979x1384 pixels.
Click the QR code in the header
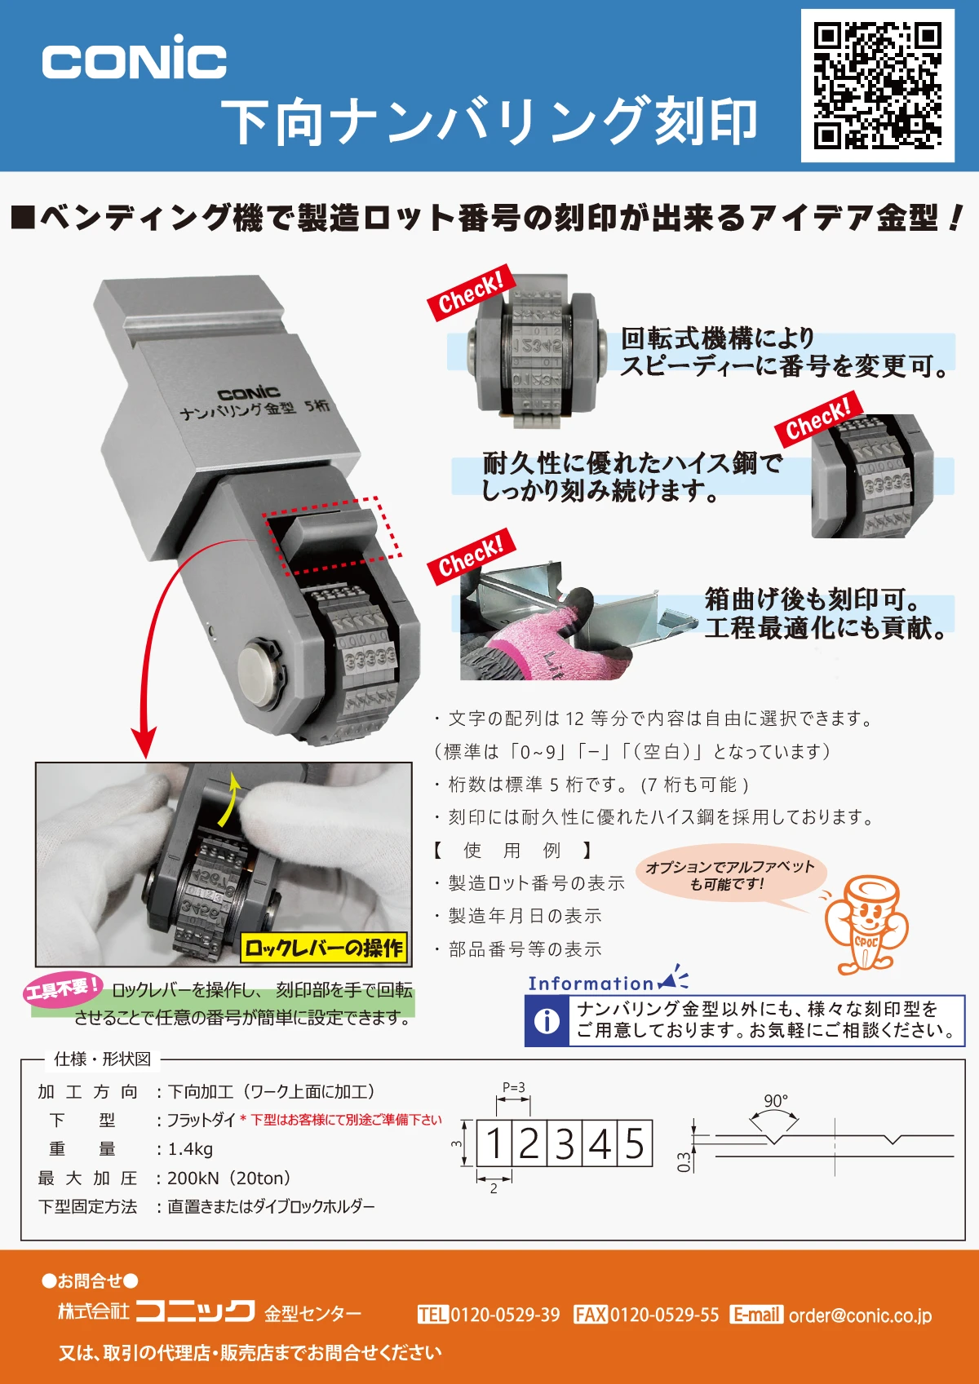click(877, 86)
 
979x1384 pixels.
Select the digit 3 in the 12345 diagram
click(565, 1143)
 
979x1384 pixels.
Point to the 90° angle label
click(776, 1100)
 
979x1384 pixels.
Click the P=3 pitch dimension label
click(513, 1087)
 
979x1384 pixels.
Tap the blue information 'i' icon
click(547, 1021)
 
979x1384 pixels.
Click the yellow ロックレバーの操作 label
click(324, 947)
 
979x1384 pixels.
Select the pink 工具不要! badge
click(62, 988)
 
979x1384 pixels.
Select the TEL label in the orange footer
click(432, 1315)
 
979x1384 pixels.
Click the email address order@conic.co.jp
click(860, 1315)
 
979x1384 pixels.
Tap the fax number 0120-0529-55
click(664, 1315)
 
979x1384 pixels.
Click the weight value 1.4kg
click(190, 1149)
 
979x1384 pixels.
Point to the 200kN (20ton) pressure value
click(228, 1178)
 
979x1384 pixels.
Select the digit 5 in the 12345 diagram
click(635, 1143)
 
